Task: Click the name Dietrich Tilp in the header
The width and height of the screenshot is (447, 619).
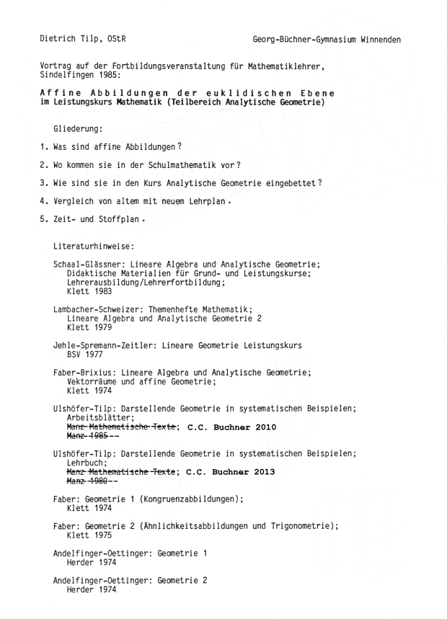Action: (71, 39)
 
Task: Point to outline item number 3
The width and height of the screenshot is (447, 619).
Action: (43, 183)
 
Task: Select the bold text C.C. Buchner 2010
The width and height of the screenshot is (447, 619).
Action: (227, 427)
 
